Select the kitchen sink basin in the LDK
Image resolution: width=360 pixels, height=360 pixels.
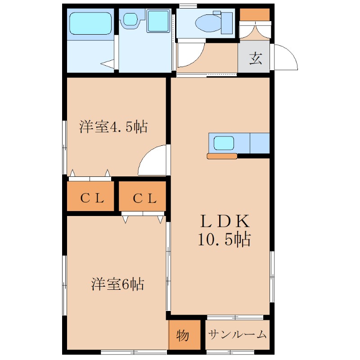click(223, 144)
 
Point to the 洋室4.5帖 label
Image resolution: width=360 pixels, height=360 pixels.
click(114, 127)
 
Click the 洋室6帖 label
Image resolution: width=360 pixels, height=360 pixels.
click(118, 284)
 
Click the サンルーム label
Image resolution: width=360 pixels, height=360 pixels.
click(238, 334)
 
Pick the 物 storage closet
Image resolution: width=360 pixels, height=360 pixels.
click(183, 335)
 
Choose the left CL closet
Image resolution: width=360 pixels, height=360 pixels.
click(91, 197)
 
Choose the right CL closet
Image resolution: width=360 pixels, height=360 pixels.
click(144, 197)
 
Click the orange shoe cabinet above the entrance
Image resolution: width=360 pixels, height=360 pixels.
click(255, 14)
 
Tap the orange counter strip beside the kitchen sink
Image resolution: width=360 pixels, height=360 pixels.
click(222, 156)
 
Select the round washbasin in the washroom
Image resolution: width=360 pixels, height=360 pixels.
click(130, 19)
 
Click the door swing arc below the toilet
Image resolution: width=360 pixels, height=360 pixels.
click(191, 54)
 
